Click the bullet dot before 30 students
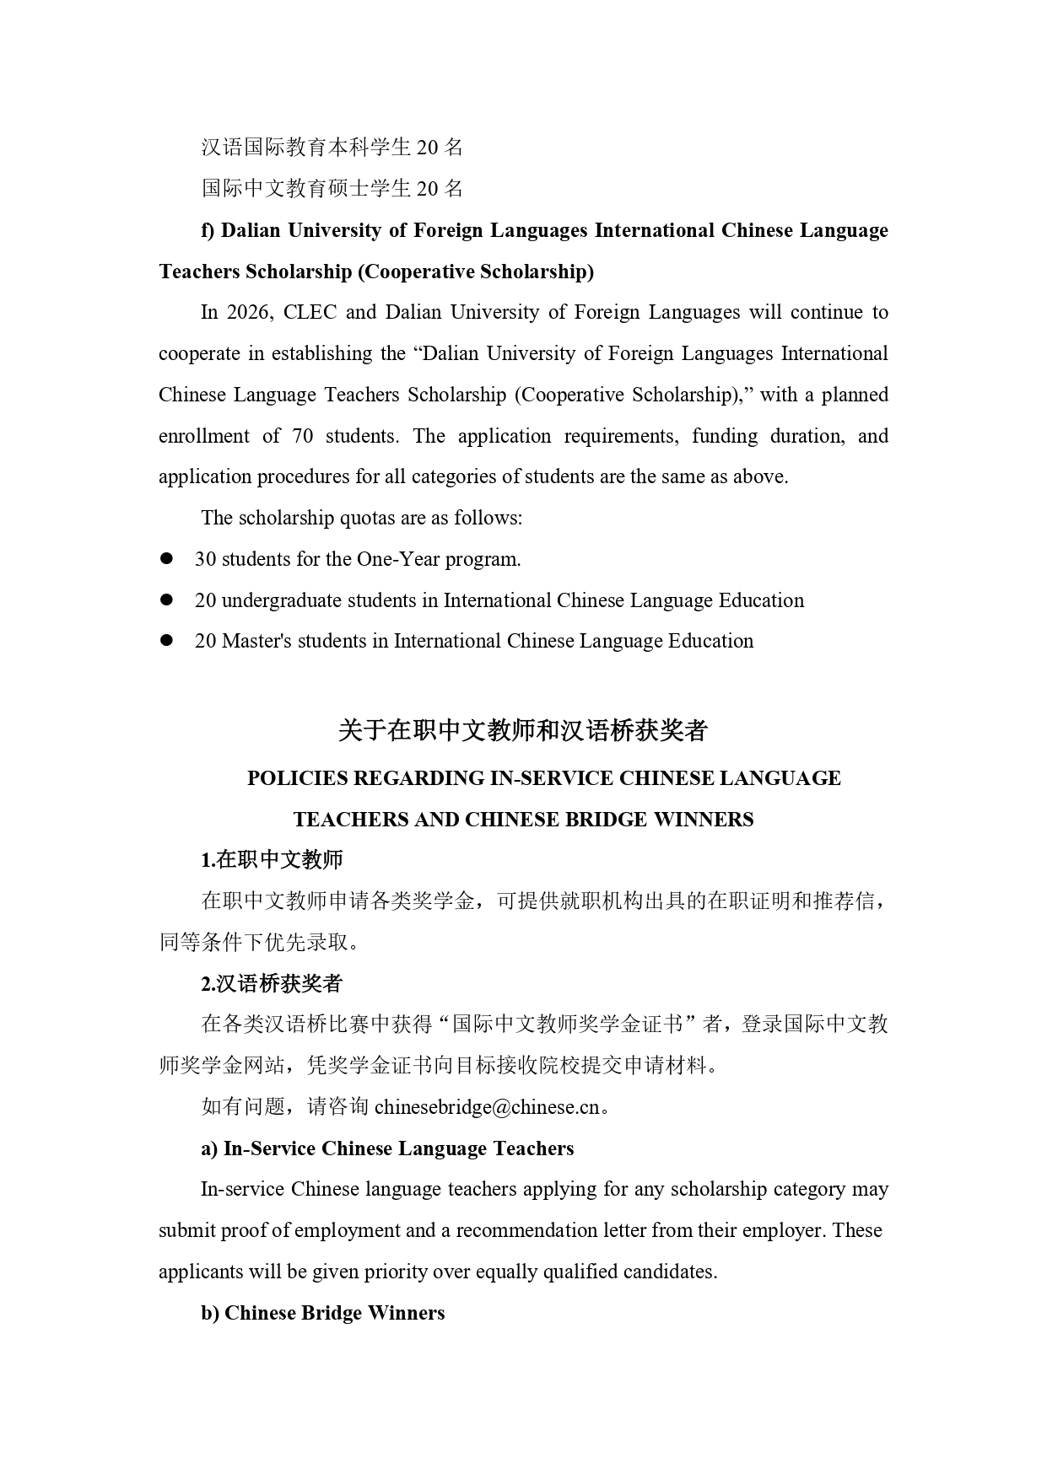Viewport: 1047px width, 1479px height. [x=166, y=558]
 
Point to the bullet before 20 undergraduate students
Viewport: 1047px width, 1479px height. [x=166, y=600]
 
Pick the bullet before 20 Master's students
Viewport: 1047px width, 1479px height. [x=166, y=641]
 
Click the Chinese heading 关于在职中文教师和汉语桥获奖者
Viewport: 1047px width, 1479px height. [x=523, y=731]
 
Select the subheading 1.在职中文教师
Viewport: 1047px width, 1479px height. [x=272, y=860]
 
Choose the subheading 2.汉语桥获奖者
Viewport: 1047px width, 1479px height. [x=272, y=984]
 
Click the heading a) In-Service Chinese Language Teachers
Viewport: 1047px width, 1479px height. [x=387, y=1148]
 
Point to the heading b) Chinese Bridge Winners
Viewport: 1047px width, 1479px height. [x=322, y=1313]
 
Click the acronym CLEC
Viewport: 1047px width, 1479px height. [x=310, y=313]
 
